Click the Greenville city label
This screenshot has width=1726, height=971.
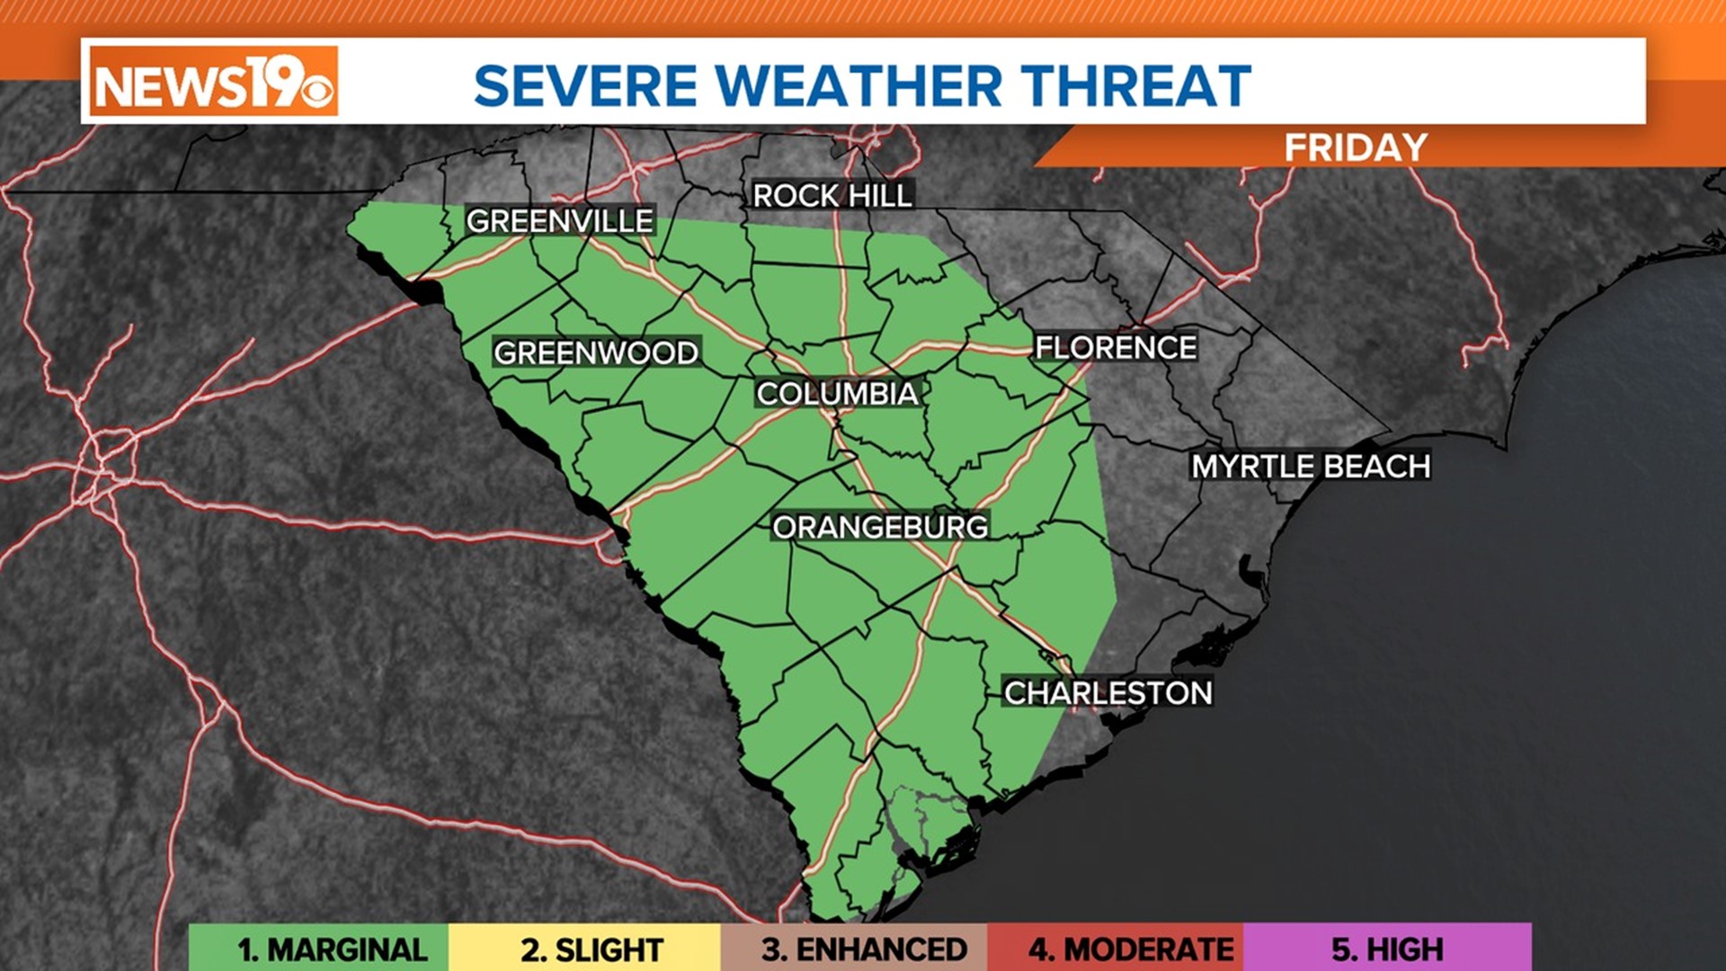(x=559, y=220)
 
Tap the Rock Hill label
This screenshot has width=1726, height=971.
(x=832, y=195)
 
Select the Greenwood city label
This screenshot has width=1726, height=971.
(x=595, y=352)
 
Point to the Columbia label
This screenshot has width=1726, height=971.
(x=837, y=393)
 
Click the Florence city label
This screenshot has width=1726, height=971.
(x=1116, y=347)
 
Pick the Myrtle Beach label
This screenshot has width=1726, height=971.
(x=1311, y=466)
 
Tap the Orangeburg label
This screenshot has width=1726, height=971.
(x=880, y=527)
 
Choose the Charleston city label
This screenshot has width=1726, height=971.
(x=1108, y=692)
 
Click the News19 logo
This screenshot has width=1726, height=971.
(x=214, y=82)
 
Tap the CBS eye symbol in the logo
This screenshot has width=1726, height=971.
(x=317, y=91)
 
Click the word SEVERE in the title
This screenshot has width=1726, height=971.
(x=585, y=86)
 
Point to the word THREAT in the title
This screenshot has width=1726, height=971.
(x=1135, y=86)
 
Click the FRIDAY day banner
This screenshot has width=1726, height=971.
(x=1355, y=147)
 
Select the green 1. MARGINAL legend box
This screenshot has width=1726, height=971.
(x=319, y=949)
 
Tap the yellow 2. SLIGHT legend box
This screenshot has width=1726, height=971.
(x=585, y=949)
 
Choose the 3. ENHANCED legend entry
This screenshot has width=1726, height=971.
(x=854, y=949)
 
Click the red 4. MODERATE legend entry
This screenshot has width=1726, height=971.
(x=1116, y=949)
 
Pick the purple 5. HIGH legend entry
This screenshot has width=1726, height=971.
(x=1387, y=949)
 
